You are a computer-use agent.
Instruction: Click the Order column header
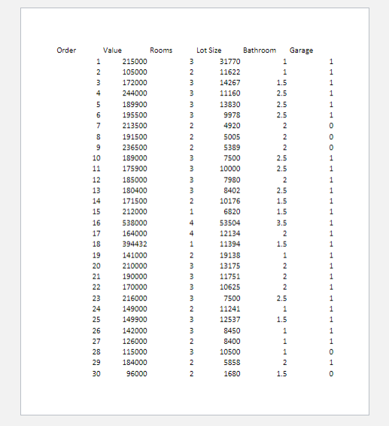click(66, 50)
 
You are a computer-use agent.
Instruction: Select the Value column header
click(112, 50)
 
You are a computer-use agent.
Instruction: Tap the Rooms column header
click(161, 50)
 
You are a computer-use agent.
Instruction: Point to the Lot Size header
click(209, 50)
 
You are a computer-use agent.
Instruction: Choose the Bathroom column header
click(260, 50)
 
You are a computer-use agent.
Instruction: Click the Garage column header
click(301, 50)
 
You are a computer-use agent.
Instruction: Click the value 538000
click(135, 223)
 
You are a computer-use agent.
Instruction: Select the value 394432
click(135, 245)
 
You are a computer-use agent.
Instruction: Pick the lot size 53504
click(229, 223)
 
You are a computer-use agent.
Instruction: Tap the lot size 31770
click(229, 62)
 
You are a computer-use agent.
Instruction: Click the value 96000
click(137, 373)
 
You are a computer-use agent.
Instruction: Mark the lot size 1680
click(232, 373)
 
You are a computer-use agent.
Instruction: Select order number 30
click(96, 373)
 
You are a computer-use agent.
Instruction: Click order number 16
click(96, 223)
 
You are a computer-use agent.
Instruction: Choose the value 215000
click(135, 62)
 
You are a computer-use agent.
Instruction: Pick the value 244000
click(135, 93)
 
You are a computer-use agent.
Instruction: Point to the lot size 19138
click(229, 255)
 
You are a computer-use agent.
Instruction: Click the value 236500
click(135, 148)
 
